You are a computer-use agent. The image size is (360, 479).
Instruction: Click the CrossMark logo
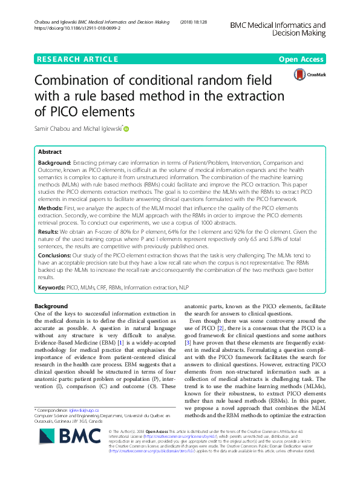[309, 74]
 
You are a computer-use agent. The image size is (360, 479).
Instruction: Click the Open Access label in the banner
[302, 59]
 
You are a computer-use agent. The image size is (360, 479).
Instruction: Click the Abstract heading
[50, 153]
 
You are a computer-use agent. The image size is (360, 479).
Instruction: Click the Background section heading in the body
[51, 306]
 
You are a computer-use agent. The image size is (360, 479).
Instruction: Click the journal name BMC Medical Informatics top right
[278, 25]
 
